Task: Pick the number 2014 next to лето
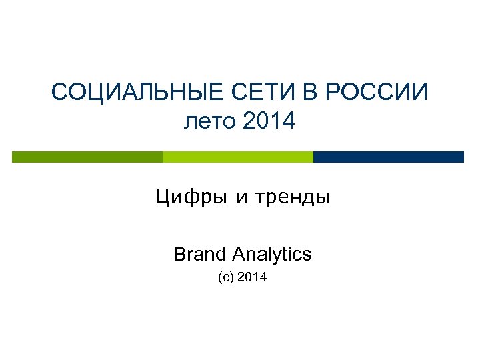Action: pos(269,121)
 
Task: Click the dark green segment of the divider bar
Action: pos(87,157)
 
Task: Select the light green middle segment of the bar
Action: pos(237,157)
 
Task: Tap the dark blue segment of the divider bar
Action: pos(388,157)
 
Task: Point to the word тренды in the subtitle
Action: pos(291,198)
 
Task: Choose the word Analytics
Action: pos(273,254)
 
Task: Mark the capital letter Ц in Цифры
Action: pos(162,198)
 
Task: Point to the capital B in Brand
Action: pos(179,254)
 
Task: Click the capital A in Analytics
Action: pos(239,254)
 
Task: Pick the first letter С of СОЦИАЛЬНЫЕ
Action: pos(59,92)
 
